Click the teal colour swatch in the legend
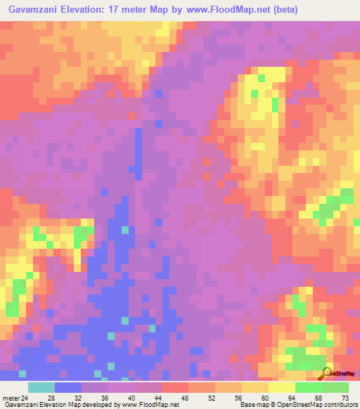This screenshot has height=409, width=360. point(41,387)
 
